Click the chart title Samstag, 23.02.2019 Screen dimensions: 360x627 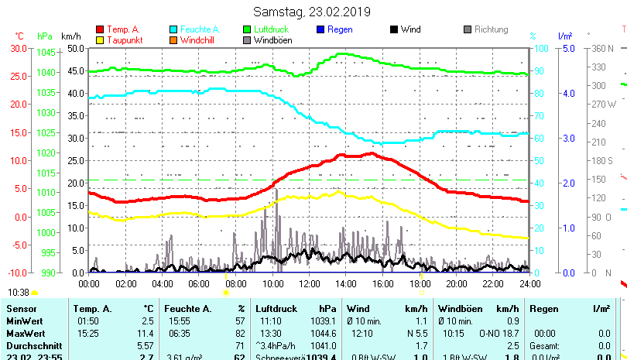tap(313, 12)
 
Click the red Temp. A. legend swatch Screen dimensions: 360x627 tap(100, 29)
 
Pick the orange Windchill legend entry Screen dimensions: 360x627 tap(198, 40)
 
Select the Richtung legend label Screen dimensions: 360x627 tap(491, 29)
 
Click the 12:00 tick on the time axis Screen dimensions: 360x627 tap(308, 283)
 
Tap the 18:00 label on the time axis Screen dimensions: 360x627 tap(419, 283)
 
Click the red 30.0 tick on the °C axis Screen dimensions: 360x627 tap(18, 48)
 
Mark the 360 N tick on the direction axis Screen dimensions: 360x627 tap(603, 48)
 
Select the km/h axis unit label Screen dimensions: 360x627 tap(70, 36)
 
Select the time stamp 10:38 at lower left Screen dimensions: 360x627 tap(19, 293)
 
